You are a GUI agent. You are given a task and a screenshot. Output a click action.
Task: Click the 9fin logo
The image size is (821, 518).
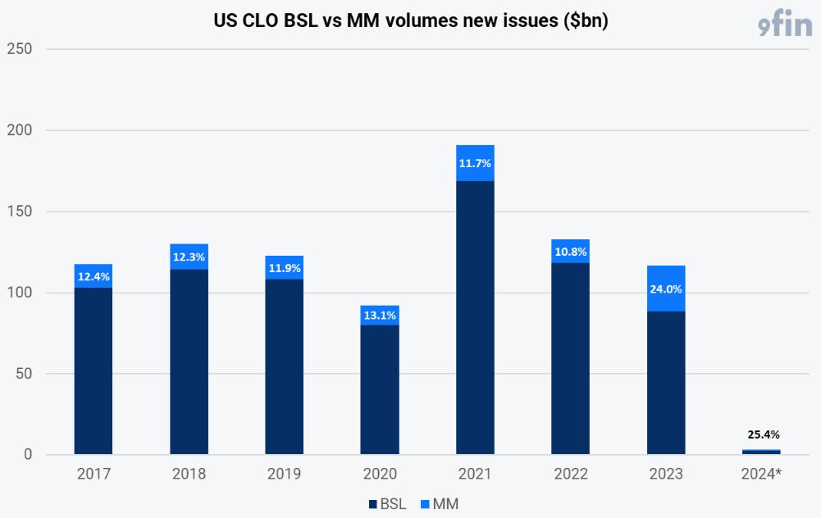pos(785,23)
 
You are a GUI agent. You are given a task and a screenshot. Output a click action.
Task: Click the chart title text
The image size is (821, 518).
pos(410,20)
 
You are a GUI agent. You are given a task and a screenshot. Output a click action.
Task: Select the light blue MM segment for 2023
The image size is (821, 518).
pos(666,289)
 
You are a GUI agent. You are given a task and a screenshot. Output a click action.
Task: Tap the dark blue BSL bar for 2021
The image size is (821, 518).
pos(475,317)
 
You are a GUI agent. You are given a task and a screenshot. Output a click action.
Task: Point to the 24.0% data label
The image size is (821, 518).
pos(666,289)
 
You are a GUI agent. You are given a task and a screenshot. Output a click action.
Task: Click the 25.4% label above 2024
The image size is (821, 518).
pos(764,434)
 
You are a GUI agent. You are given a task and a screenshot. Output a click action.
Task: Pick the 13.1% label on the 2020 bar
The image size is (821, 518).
pos(380,315)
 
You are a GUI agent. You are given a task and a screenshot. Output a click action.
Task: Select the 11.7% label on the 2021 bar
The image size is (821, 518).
pos(475,163)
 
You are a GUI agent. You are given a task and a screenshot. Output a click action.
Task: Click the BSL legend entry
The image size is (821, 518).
pos(387,504)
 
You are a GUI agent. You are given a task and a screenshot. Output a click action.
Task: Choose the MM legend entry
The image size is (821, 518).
pos(440,504)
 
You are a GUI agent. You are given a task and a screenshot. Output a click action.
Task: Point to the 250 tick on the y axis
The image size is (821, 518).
pos(20,49)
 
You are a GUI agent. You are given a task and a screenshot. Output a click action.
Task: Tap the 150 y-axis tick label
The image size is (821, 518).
pos(20,211)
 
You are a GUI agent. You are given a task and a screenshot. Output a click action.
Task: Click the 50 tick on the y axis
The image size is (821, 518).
pos(24,374)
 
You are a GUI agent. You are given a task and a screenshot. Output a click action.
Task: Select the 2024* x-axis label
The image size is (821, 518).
pos(761,474)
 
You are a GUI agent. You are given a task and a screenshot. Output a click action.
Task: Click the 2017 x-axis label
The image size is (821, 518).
pos(94,474)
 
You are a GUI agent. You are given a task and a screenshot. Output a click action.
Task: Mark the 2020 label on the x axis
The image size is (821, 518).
pos(380,474)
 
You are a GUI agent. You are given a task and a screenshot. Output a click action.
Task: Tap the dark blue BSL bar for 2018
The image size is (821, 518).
pos(189,361)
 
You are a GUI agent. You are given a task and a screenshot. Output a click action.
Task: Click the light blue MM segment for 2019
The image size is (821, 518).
pos(285,267)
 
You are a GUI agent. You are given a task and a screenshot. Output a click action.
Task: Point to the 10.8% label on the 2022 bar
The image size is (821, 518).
pos(571,252)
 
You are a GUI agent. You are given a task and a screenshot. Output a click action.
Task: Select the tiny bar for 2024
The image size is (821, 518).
pos(761,452)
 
